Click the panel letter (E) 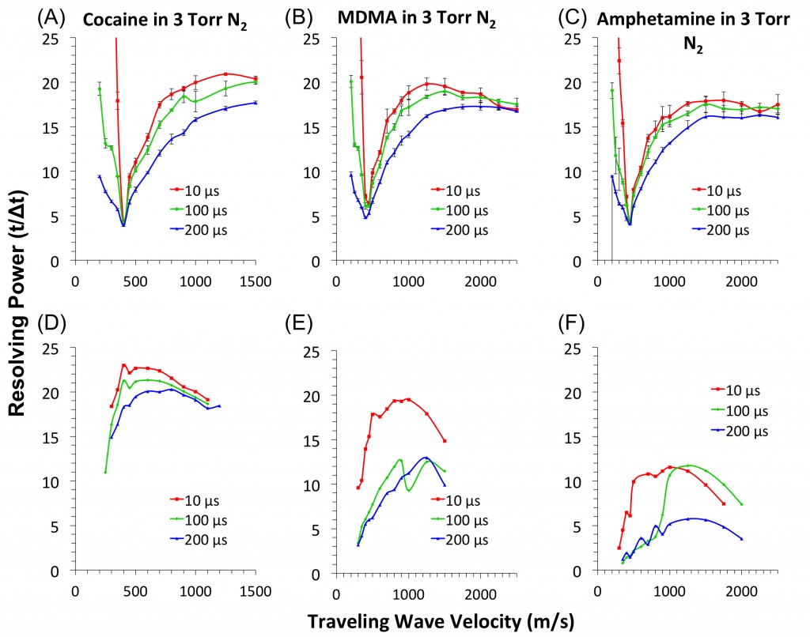tap(300, 326)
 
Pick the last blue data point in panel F tap(741, 539)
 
